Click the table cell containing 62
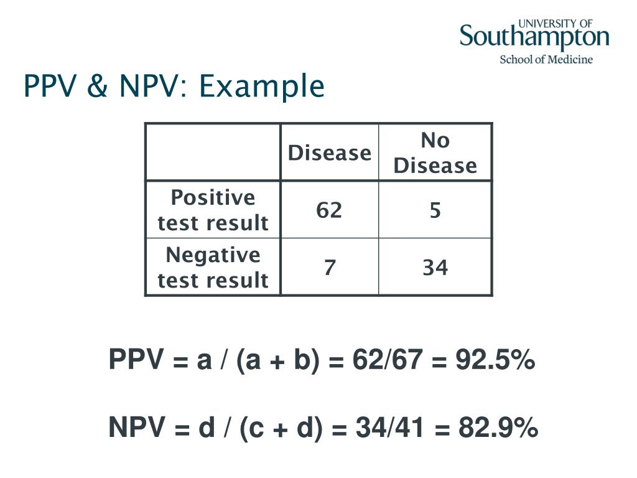click(330, 210)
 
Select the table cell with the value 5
click(435, 210)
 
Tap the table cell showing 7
click(330, 267)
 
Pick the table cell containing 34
click(435, 267)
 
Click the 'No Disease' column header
click(435, 152)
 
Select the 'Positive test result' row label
click(213, 210)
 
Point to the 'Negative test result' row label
click(213, 267)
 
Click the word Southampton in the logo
click(534, 37)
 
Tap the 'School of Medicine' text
click(546, 59)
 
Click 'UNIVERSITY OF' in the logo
click(556, 24)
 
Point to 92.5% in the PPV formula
click(495, 360)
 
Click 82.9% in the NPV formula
click(498, 428)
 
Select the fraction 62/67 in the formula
click(387, 360)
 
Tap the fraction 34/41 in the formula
click(391, 428)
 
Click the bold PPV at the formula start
click(136, 359)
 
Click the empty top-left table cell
click(213, 152)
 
